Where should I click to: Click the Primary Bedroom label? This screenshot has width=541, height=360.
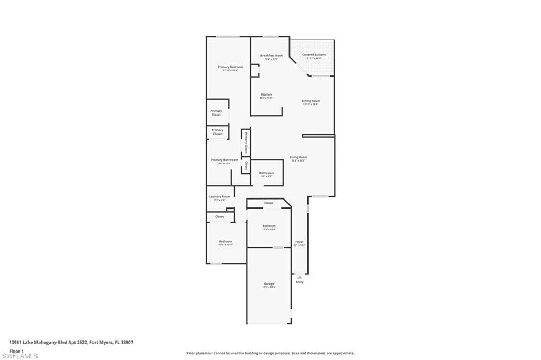[230, 67]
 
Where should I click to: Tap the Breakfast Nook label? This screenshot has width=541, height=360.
[272, 55]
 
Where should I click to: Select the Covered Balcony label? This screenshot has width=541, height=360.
[314, 55]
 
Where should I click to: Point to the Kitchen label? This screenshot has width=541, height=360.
[266, 94]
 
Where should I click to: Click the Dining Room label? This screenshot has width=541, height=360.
[311, 101]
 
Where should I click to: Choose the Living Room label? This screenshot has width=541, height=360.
[298, 157]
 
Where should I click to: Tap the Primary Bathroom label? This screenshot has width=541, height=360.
[225, 160]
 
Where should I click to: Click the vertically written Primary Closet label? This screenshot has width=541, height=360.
[246, 143]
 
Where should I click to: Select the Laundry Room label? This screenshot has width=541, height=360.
[220, 196]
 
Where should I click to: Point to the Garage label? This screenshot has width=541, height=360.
[269, 283]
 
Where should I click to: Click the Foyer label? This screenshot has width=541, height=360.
[300, 242]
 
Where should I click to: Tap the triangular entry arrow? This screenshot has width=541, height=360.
[300, 276]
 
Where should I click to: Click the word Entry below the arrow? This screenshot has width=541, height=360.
[300, 282]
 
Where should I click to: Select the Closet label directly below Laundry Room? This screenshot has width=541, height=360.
[219, 216]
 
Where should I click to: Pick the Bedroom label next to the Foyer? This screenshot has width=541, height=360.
[269, 226]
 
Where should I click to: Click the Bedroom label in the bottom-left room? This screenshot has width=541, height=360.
[226, 241]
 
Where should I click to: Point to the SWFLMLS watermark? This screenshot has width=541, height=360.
[20, 356]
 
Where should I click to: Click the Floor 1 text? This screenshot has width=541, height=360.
[16, 350]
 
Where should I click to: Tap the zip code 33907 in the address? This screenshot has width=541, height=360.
[127, 342]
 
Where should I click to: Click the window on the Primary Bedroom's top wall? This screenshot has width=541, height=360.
[227, 36]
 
